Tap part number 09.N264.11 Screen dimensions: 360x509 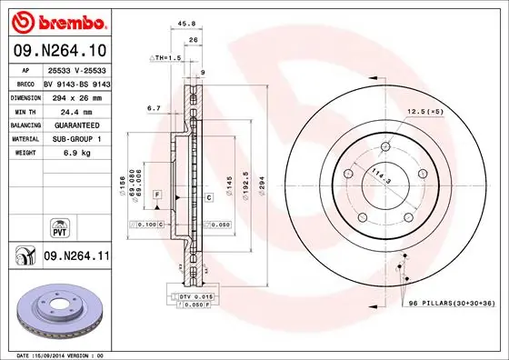point(76,258)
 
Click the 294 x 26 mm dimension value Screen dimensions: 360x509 point(70,95)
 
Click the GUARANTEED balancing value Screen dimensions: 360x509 point(72,124)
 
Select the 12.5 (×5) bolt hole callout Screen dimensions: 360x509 point(424,112)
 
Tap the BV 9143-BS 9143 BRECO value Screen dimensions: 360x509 point(75,81)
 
